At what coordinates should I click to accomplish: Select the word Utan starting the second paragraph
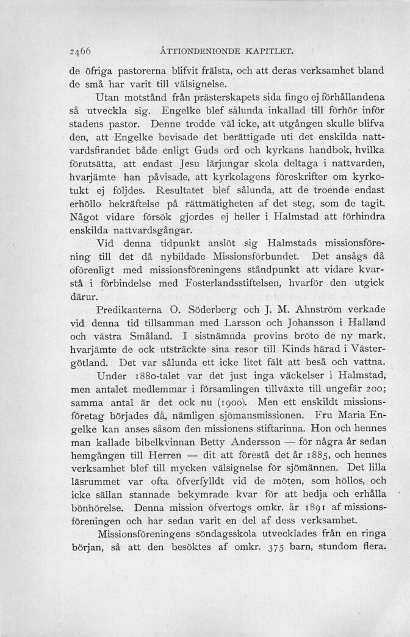pyautogui.click(x=110, y=98)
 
